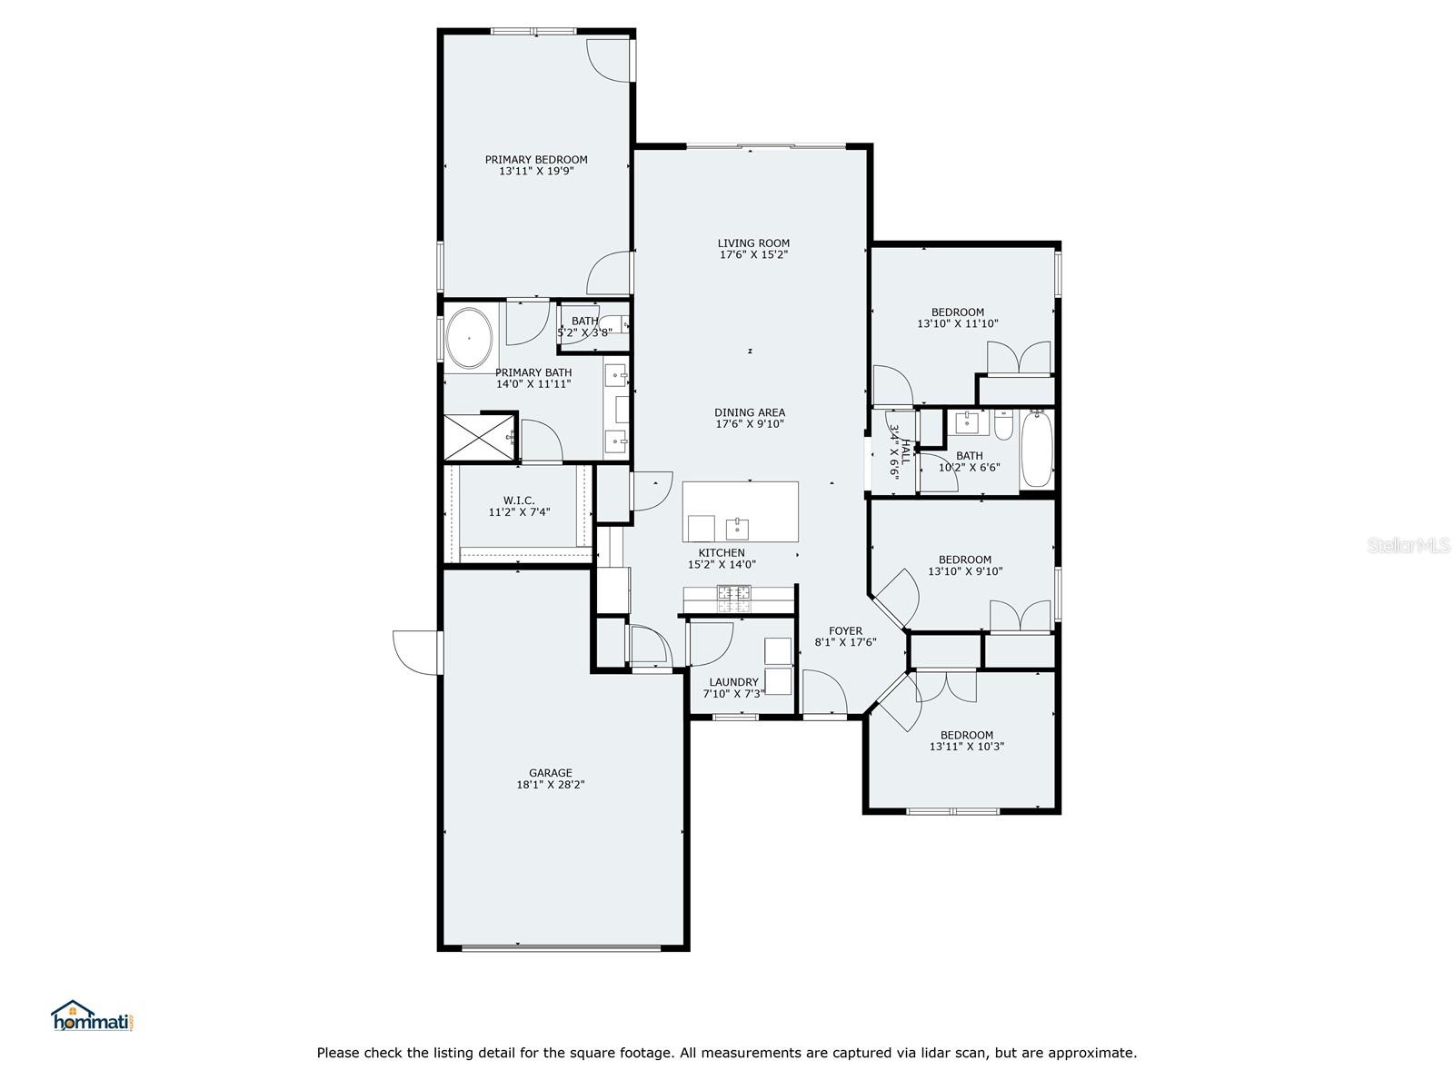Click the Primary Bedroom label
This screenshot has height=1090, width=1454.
[536, 160]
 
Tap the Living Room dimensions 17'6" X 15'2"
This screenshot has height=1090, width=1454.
[753, 255]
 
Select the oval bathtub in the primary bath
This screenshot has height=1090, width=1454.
[469, 338]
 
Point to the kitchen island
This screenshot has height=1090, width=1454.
[740, 511]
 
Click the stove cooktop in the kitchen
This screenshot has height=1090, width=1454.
[733, 599]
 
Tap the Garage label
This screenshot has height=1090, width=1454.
[550, 772]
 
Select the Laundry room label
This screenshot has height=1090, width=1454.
[733, 681]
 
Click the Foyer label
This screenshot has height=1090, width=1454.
[845, 630]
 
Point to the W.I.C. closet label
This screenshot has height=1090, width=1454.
[519, 500]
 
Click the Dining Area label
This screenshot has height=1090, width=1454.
[749, 412]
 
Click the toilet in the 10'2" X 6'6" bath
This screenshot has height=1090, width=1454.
[1003, 425]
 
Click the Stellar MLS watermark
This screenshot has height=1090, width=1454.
[1409, 545]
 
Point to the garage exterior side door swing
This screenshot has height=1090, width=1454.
[416, 653]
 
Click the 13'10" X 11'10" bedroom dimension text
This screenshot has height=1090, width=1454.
[957, 323]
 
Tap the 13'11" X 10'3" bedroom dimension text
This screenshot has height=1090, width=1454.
[967, 747]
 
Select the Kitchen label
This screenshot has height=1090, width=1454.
[722, 552]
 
